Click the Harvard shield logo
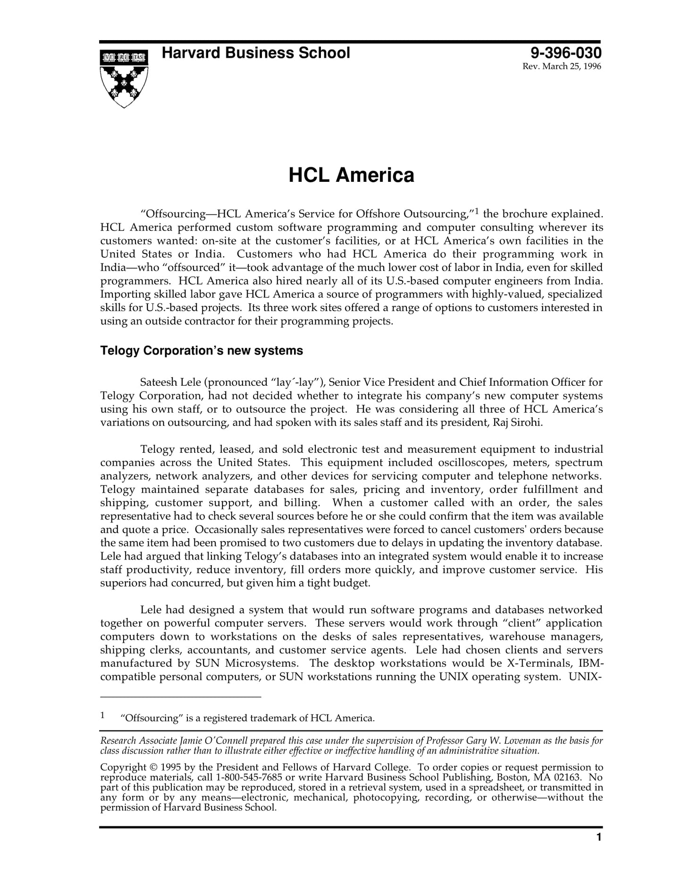click(x=124, y=78)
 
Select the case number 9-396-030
click(x=566, y=52)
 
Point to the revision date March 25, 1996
click(x=562, y=67)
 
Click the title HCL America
click(x=351, y=175)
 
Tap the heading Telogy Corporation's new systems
click(x=202, y=351)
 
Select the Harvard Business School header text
click(x=256, y=53)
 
